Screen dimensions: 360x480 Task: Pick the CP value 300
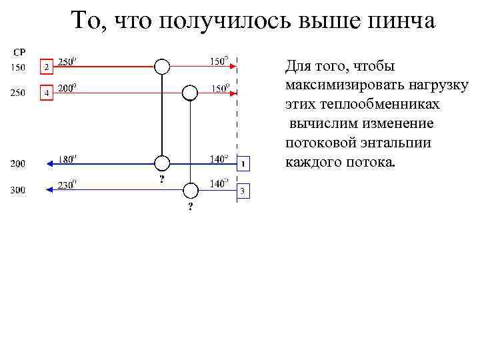17,190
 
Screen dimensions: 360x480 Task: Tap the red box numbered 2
46,67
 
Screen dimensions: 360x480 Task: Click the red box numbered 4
46,93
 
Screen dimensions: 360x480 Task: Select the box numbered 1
244,163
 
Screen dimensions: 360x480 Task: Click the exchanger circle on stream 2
161,66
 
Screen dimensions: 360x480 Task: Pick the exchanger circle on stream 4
190,92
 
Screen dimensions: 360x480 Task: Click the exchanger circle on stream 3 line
190,190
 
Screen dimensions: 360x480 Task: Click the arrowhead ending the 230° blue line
49,190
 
